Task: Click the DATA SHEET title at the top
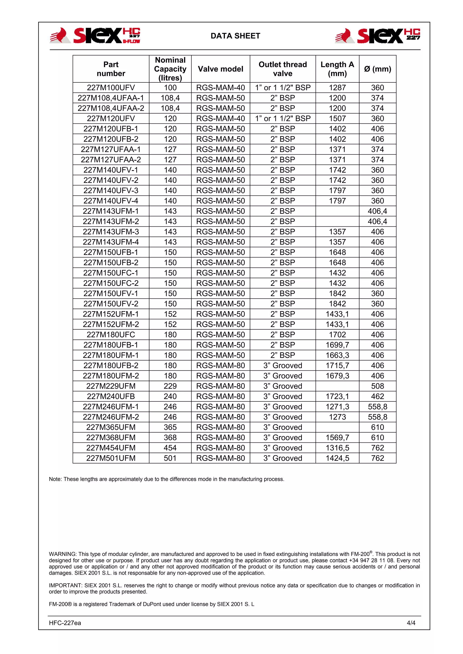point(235,36)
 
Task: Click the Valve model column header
point(220,69)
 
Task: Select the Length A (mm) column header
point(337,69)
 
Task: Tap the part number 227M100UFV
point(111,88)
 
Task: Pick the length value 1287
point(337,88)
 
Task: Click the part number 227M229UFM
point(111,386)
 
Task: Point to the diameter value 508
point(377,386)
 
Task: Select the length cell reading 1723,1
point(337,396)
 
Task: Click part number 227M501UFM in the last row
point(111,458)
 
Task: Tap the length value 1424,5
point(337,458)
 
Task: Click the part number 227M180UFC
point(111,335)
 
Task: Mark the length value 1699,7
point(337,345)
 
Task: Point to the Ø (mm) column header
point(377,69)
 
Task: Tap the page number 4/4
point(411,623)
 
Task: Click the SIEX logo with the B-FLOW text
point(95,36)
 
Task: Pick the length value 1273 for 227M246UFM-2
point(337,417)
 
